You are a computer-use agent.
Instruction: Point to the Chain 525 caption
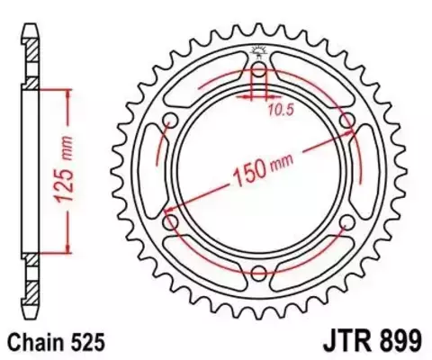(x=56, y=342)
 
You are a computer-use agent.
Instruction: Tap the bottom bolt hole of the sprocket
(x=258, y=274)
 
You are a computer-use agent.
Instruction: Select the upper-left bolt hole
(x=171, y=122)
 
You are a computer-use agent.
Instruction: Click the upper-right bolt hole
(x=346, y=122)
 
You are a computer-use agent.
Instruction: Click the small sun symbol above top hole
(x=258, y=52)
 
